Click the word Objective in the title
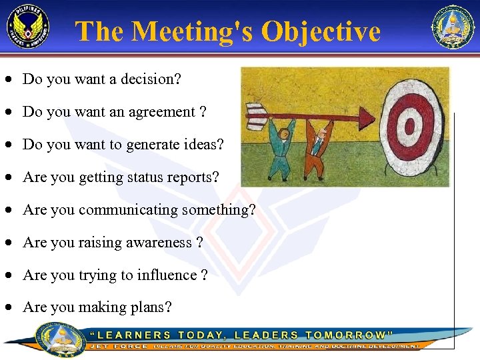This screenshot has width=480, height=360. point(321,31)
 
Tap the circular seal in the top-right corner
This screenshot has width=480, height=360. point(453,27)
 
